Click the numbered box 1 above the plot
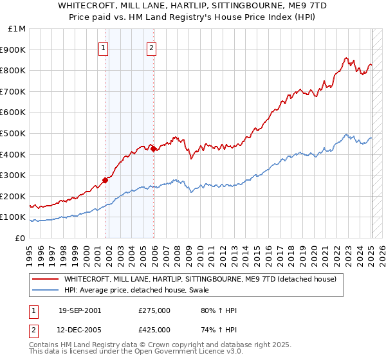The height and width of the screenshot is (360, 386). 104,46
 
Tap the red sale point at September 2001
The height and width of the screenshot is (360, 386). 106,180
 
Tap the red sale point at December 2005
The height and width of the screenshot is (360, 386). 154,148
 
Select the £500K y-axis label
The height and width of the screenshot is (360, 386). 14,133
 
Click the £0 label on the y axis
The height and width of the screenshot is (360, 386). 21,238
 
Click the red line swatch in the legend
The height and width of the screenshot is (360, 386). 46,279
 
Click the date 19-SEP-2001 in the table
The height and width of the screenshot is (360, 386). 80,311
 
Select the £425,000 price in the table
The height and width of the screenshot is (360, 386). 154,330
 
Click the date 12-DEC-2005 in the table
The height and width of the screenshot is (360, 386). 80,330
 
